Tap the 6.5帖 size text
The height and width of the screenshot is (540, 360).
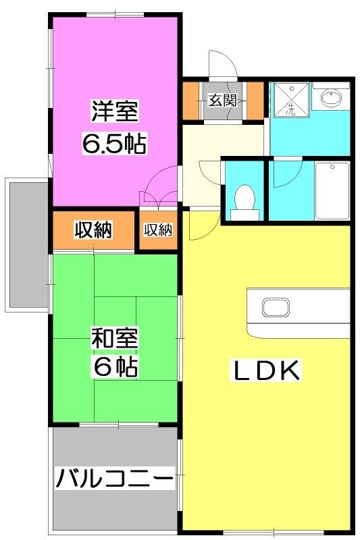(114, 143)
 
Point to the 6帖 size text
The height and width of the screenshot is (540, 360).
(115, 367)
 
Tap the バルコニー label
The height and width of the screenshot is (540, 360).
(114, 480)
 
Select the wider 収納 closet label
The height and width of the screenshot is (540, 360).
(93, 231)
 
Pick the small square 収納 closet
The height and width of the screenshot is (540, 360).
(157, 231)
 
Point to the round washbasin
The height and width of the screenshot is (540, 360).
(331, 100)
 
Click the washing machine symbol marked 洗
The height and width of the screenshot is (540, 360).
(291, 101)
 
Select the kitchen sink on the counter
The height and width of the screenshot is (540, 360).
(275, 308)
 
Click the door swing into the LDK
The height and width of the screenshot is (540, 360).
(201, 225)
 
